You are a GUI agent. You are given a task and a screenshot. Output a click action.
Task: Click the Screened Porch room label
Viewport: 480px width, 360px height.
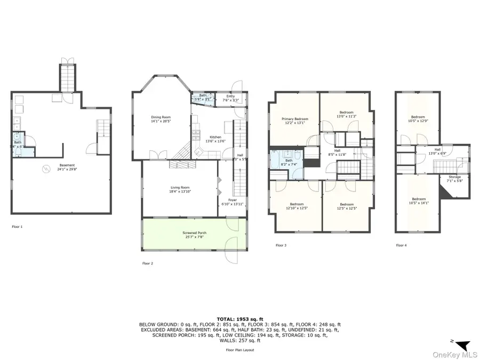[x=194, y=233]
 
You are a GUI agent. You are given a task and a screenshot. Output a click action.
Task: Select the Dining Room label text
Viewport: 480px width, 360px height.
[x=161, y=117]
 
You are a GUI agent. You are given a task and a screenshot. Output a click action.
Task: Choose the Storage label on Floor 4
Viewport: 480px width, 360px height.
[x=454, y=177]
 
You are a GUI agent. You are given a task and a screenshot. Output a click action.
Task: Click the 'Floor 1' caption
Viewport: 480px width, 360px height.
[x=17, y=227]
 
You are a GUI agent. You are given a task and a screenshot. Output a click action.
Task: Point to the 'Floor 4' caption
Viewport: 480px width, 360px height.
[x=401, y=245]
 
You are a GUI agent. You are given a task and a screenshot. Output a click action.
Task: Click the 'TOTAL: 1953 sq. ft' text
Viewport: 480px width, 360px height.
[x=240, y=318]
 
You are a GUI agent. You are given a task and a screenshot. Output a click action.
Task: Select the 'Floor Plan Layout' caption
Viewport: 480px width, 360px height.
[x=240, y=350]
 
